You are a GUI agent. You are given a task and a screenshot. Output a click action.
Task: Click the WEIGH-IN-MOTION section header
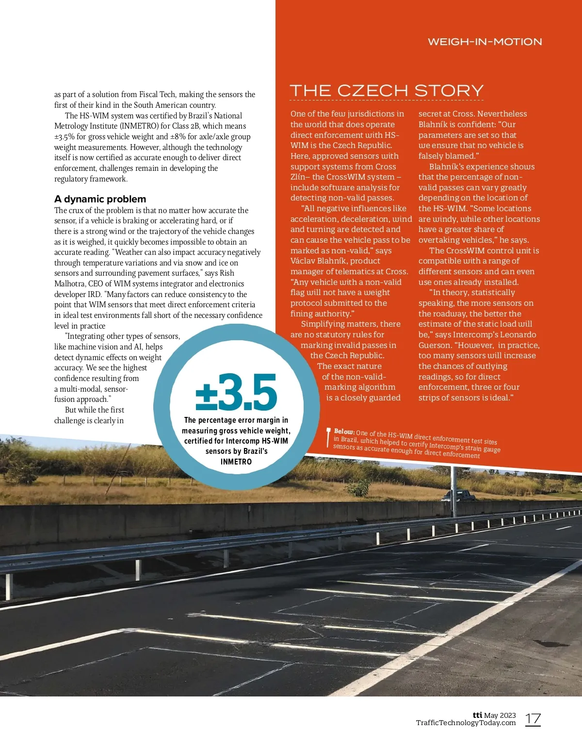(x=485, y=42)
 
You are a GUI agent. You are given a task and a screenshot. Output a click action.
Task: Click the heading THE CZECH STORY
(x=387, y=90)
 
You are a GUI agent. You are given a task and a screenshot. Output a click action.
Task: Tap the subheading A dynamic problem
(x=100, y=199)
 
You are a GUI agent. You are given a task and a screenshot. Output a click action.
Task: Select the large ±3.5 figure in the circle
(x=236, y=392)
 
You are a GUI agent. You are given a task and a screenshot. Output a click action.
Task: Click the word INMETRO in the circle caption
(x=236, y=462)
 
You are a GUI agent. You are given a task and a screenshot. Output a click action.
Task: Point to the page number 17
(x=533, y=719)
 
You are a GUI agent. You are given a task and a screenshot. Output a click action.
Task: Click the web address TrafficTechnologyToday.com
(x=466, y=723)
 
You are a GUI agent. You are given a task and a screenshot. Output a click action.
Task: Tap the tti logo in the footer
(x=477, y=715)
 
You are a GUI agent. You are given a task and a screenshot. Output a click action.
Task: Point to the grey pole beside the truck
(x=454, y=490)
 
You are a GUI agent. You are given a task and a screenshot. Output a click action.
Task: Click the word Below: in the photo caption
(x=344, y=431)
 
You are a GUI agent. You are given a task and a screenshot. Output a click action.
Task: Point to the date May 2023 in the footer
(x=500, y=715)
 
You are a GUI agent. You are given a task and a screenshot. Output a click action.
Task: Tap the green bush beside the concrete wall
(x=359, y=488)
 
